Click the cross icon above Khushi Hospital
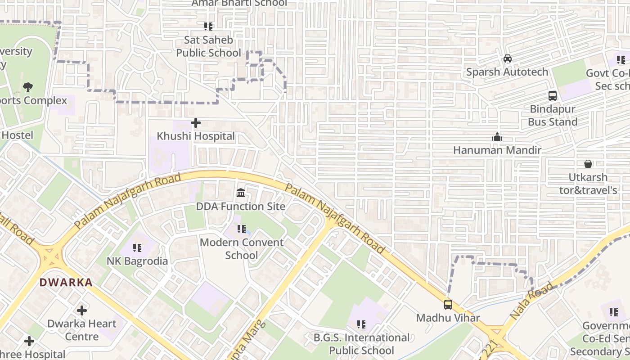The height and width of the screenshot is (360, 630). point(196,122)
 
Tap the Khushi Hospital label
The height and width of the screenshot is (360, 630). point(196,136)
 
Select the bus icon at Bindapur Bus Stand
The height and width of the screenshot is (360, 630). point(553,95)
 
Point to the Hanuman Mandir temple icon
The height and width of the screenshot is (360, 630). point(497,137)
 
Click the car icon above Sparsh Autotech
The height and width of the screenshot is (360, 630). point(508,58)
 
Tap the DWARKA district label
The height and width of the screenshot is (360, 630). point(66,283)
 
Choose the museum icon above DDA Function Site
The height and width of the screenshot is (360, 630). point(241,193)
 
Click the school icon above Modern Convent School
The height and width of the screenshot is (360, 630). point(242,229)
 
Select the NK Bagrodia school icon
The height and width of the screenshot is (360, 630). point(137,247)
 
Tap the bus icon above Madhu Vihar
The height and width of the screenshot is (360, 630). point(448,304)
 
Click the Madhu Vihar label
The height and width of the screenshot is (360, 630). point(448,318)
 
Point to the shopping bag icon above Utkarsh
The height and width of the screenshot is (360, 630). point(588,164)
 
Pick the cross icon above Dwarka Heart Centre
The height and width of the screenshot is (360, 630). point(82,310)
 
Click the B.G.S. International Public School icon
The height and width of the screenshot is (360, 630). point(361,324)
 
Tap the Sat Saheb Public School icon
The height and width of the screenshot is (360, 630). point(208,27)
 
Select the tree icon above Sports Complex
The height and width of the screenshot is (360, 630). point(28,87)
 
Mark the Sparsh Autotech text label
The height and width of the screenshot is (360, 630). point(507,72)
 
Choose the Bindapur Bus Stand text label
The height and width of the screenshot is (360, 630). point(553,116)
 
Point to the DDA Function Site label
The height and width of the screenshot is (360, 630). point(241,207)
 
